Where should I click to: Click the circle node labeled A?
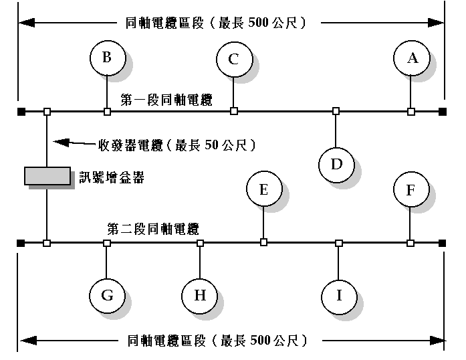tap(413, 58)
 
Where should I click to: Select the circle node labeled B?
tap(107, 58)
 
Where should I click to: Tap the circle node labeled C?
tap(233, 59)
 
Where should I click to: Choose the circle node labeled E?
tap(263, 190)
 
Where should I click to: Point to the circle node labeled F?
tap(411, 190)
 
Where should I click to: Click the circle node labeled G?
tap(107, 295)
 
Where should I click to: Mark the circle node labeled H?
tap(200, 295)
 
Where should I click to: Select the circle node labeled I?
tap(338, 295)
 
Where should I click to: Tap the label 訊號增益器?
tap(112, 177)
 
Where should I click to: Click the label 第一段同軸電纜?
tap(166, 100)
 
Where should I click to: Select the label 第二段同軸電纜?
tap(153, 229)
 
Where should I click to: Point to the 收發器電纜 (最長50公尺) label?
tap(177, 145)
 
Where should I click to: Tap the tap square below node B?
tap(107, 111)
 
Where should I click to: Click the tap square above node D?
tap(336, 111)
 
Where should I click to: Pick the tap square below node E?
tap(263, 242)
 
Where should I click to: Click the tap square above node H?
tap(200, 242)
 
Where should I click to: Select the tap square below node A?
tap(411, 111)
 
